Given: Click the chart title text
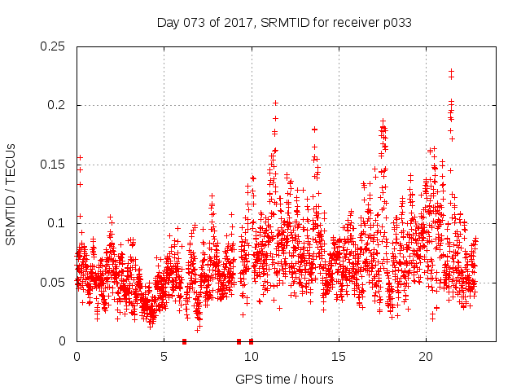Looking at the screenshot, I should point(283,23).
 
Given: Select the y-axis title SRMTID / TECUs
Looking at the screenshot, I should point(11,194).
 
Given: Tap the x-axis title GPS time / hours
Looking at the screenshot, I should point(283,379).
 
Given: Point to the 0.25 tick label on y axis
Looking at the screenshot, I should point(54,46).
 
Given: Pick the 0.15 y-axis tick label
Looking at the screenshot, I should point(54,165).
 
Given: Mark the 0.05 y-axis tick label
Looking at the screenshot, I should point(54,283).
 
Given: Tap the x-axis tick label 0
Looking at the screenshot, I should point(77,357).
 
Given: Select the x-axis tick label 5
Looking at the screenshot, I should point(164,357).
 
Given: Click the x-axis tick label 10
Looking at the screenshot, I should point(251,357).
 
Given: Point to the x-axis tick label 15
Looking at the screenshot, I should point(339,357).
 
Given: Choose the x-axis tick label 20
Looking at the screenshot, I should point(426,357).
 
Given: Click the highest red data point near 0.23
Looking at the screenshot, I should point(451,71).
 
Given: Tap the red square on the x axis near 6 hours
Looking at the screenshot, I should point(184,341).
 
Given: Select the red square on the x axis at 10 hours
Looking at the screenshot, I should point(251,341).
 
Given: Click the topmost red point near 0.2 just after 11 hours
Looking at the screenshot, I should point(275,103).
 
